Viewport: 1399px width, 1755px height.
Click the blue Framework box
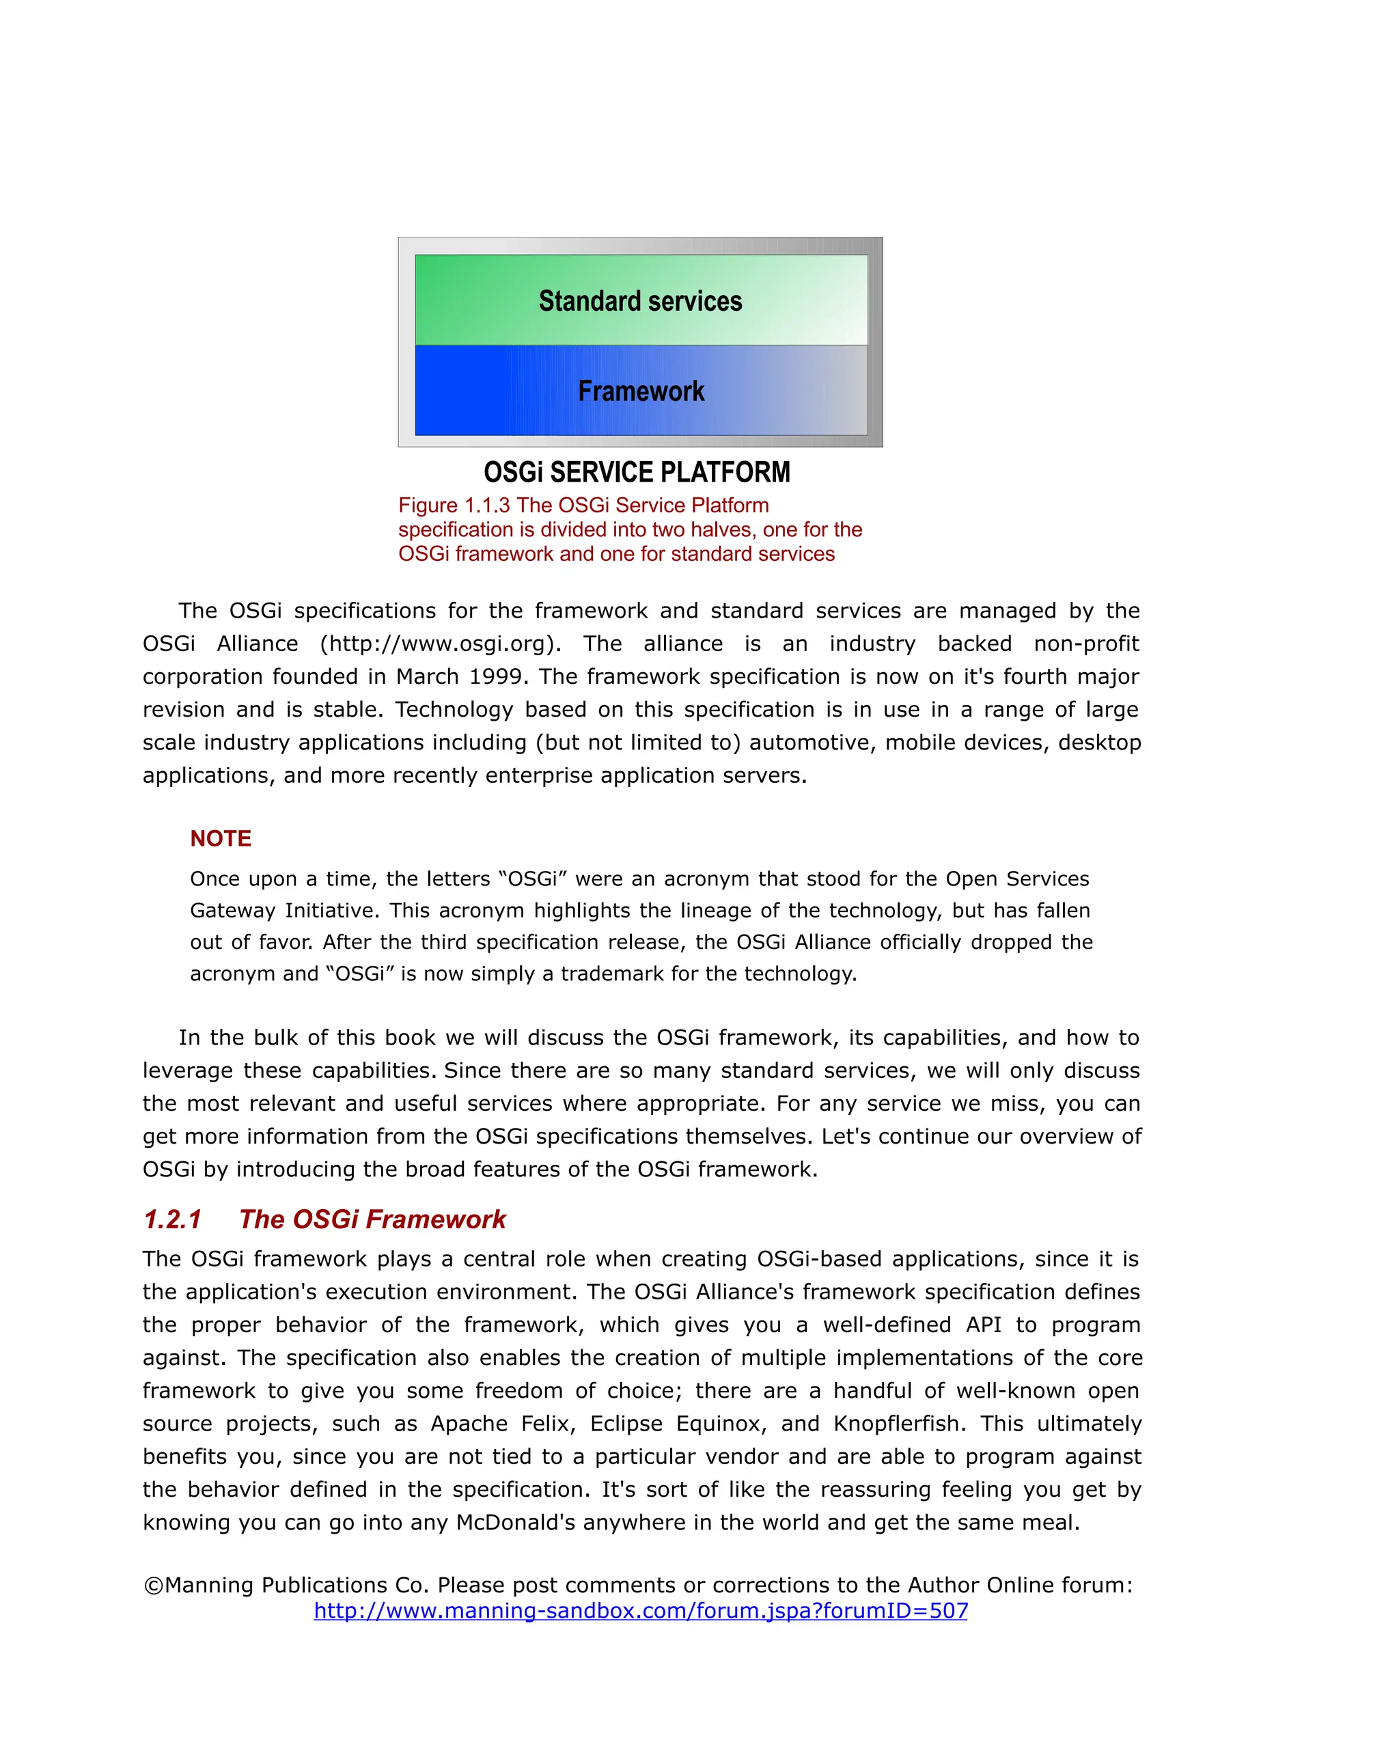tap(641, 391)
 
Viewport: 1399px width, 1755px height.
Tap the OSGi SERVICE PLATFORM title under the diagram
tap(637, 472)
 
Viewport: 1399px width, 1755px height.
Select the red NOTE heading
tap(221, 838)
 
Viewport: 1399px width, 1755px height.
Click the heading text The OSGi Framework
tap(372, 1219)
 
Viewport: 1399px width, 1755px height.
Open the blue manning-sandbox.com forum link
tap(641, 1610)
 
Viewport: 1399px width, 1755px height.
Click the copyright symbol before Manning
tap(153, 1585)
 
